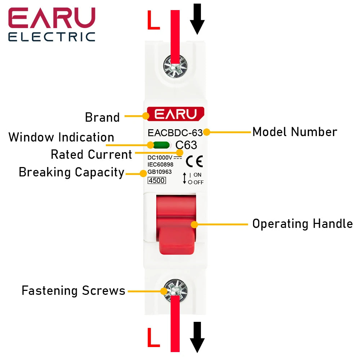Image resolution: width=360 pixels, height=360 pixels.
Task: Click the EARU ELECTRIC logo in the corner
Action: (x=52, y=24)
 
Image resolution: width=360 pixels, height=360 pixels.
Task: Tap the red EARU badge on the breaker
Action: (x=175, y=114)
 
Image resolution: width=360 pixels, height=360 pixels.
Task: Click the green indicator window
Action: (x=161, y=145)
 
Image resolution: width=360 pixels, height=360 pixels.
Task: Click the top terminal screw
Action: (x=175, y=66)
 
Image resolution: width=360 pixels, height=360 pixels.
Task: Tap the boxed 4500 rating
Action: (x=157, y=180)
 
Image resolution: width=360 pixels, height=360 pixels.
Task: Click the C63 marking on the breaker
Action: (x=186, y=145)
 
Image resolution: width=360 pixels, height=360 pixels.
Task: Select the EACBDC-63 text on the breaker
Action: (x=175, y=132)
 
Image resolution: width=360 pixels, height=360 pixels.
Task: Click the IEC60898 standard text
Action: (x=161, y=165)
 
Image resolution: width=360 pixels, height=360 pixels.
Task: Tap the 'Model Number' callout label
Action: (x=294, y=132)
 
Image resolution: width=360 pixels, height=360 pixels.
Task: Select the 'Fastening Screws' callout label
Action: (x=73, y=291)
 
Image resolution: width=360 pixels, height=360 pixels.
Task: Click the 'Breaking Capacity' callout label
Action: (x=71, y=172)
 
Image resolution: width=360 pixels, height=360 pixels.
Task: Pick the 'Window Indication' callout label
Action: (x=61, y=138)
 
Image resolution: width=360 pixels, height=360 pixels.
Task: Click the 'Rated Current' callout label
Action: (x=91, y=155)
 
